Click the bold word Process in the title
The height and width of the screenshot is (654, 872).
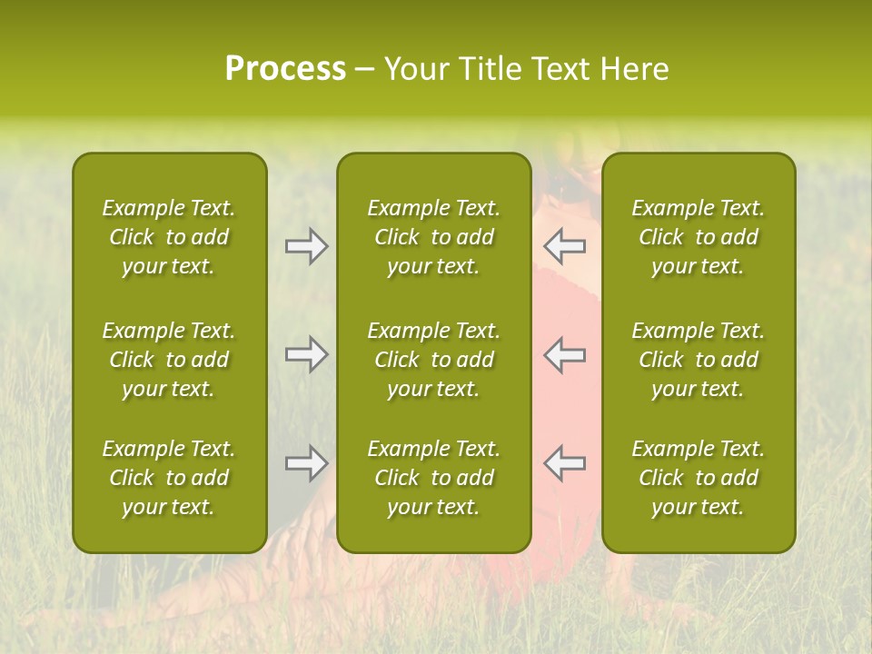pos(285,69)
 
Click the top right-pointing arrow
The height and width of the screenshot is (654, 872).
pos(306,246)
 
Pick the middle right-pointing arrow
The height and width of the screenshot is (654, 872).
pos(306,354)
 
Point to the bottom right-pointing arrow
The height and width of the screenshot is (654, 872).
pos(306,463)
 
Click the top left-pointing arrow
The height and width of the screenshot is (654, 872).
pos(564,246)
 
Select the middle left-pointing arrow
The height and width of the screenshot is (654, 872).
pos(564,354)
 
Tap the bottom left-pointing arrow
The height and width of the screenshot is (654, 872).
pos(564,463)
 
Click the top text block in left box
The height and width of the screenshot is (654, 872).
pos(169,237)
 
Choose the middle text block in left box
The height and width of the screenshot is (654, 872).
pos(169,360)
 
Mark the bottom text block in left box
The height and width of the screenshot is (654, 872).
pos(169,478)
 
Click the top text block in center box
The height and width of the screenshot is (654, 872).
pos(433,237)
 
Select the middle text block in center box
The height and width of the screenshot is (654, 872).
pos(433,360)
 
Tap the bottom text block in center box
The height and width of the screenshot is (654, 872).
pos(433,478)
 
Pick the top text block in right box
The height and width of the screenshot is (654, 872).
pos(698,237)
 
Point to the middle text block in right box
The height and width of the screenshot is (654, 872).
pos(698,360)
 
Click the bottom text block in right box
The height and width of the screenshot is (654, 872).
pos(698,478)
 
